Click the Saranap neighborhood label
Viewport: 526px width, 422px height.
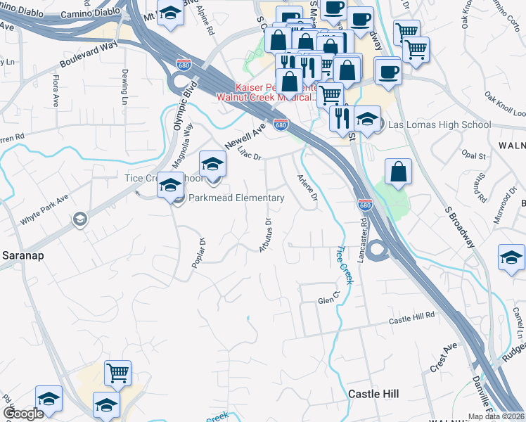(x=23, y=255)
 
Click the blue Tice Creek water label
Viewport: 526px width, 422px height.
(x=342, y=264)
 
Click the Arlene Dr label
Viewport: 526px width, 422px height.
(x=307, y=189)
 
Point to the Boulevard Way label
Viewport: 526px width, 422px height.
(x=87, y=55)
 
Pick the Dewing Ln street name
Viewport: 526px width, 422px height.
(x=124, y=82)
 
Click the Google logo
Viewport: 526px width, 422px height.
(x=23, y=414)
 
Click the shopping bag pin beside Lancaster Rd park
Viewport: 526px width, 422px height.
(x=398, y=172)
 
